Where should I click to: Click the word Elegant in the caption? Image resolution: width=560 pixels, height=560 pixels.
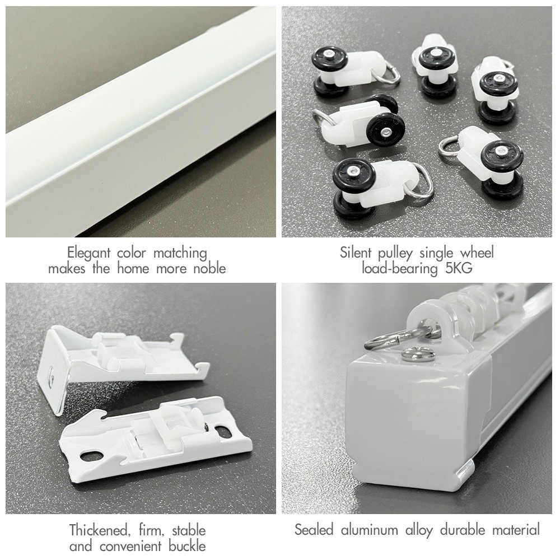tap(88, 253)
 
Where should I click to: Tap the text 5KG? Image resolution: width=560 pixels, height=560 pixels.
tap(459, 268)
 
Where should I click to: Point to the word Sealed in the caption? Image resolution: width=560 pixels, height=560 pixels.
tap(314, 529)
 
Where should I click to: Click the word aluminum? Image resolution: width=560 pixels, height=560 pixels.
tap(369, 529)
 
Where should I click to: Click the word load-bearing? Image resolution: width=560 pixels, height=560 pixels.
tap(400, 269)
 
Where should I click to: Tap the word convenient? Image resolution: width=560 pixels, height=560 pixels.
tap(130, 546)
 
